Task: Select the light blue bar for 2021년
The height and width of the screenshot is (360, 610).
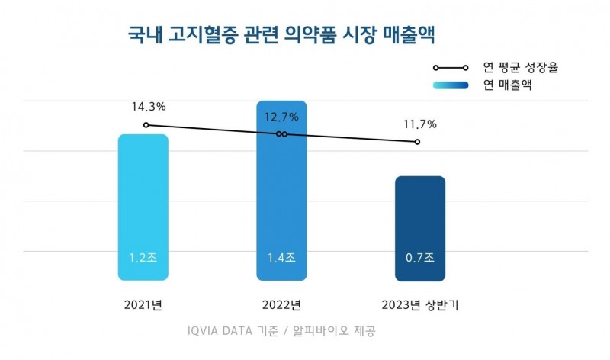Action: coord(143,206)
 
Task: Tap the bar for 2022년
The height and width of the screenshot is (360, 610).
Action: coord(281,191)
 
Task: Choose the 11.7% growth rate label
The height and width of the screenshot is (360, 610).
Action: coord(419,124)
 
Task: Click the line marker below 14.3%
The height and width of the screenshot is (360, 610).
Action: coord(145,124)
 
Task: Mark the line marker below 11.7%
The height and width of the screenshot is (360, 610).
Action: coord(418,142)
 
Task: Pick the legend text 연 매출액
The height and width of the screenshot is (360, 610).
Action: coord(507,85)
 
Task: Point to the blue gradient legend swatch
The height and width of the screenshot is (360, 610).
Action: coord(455,85)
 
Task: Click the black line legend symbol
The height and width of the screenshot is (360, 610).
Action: coord(455,69)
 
